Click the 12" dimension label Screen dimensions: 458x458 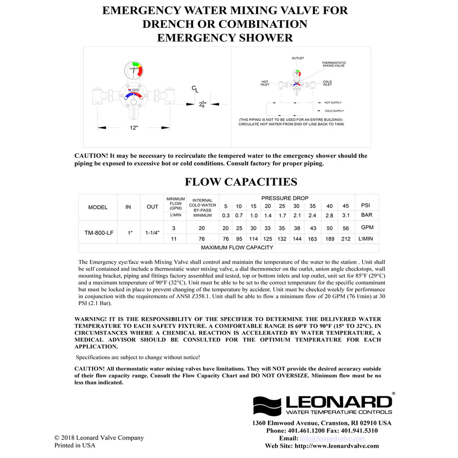tap(134, 128)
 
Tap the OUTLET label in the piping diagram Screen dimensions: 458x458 tap(298, 58)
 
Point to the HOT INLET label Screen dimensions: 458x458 tap(265, 83)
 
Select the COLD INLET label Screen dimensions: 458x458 tap(327, 83)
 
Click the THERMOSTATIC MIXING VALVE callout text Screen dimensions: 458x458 tap(334, 64)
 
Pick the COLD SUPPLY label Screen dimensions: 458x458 tap(334, 111)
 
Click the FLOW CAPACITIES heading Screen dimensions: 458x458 tap(241, 182)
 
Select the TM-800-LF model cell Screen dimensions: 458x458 tap(99, 233)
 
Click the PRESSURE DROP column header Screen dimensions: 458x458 tap(285, 198)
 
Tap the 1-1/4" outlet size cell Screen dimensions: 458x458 tap(153, 233)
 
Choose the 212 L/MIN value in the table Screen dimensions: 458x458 tap(345, 239)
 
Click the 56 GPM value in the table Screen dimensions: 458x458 tap(345, 228)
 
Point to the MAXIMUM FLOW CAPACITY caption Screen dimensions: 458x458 tap(237, 247)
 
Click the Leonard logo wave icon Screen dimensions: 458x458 tap(267, 406)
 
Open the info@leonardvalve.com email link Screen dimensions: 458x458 tap(332, 438)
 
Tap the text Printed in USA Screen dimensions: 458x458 tap(75, 445)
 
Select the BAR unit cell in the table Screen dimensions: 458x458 tap(367, 215)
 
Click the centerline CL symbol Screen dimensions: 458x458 tap(195, 89)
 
